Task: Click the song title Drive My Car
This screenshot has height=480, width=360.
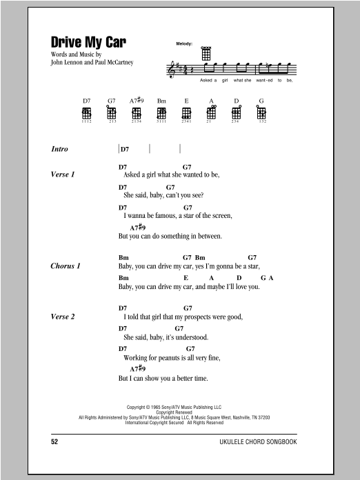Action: click(88, 41)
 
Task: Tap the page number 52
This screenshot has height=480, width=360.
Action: click(55, 439)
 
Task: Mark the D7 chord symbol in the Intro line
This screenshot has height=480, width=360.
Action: click(125, 149)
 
